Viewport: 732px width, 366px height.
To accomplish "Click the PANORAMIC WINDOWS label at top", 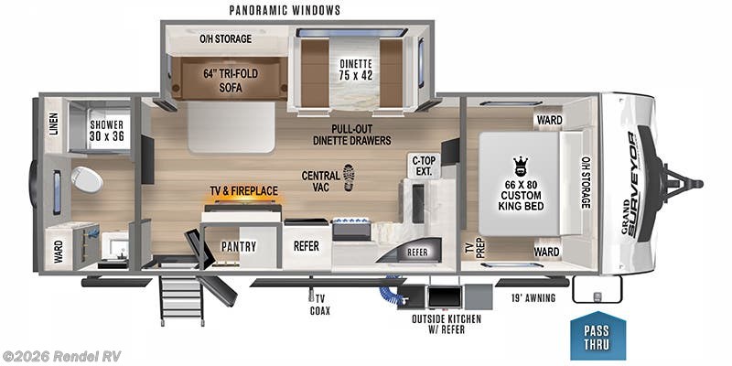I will (285, 10).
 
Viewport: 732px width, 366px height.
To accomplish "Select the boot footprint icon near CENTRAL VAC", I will (349, 177).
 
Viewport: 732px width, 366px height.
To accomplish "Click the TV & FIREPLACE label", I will (243, 190).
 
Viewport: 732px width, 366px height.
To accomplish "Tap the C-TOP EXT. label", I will (422, 166).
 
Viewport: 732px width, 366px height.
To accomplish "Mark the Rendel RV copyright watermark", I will (61, 355).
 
